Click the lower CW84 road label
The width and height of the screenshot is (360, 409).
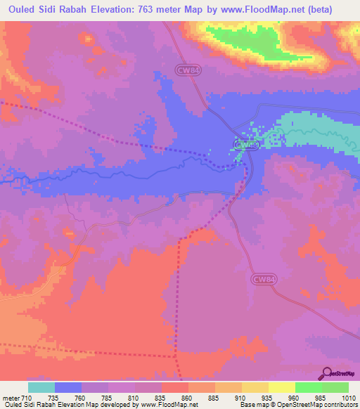coord(261,279)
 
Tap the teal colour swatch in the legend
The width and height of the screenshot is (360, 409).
coord(41,387)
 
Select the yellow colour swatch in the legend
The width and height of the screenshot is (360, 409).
coord(281,387)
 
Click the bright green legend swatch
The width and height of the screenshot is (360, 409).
coord(308,387)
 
